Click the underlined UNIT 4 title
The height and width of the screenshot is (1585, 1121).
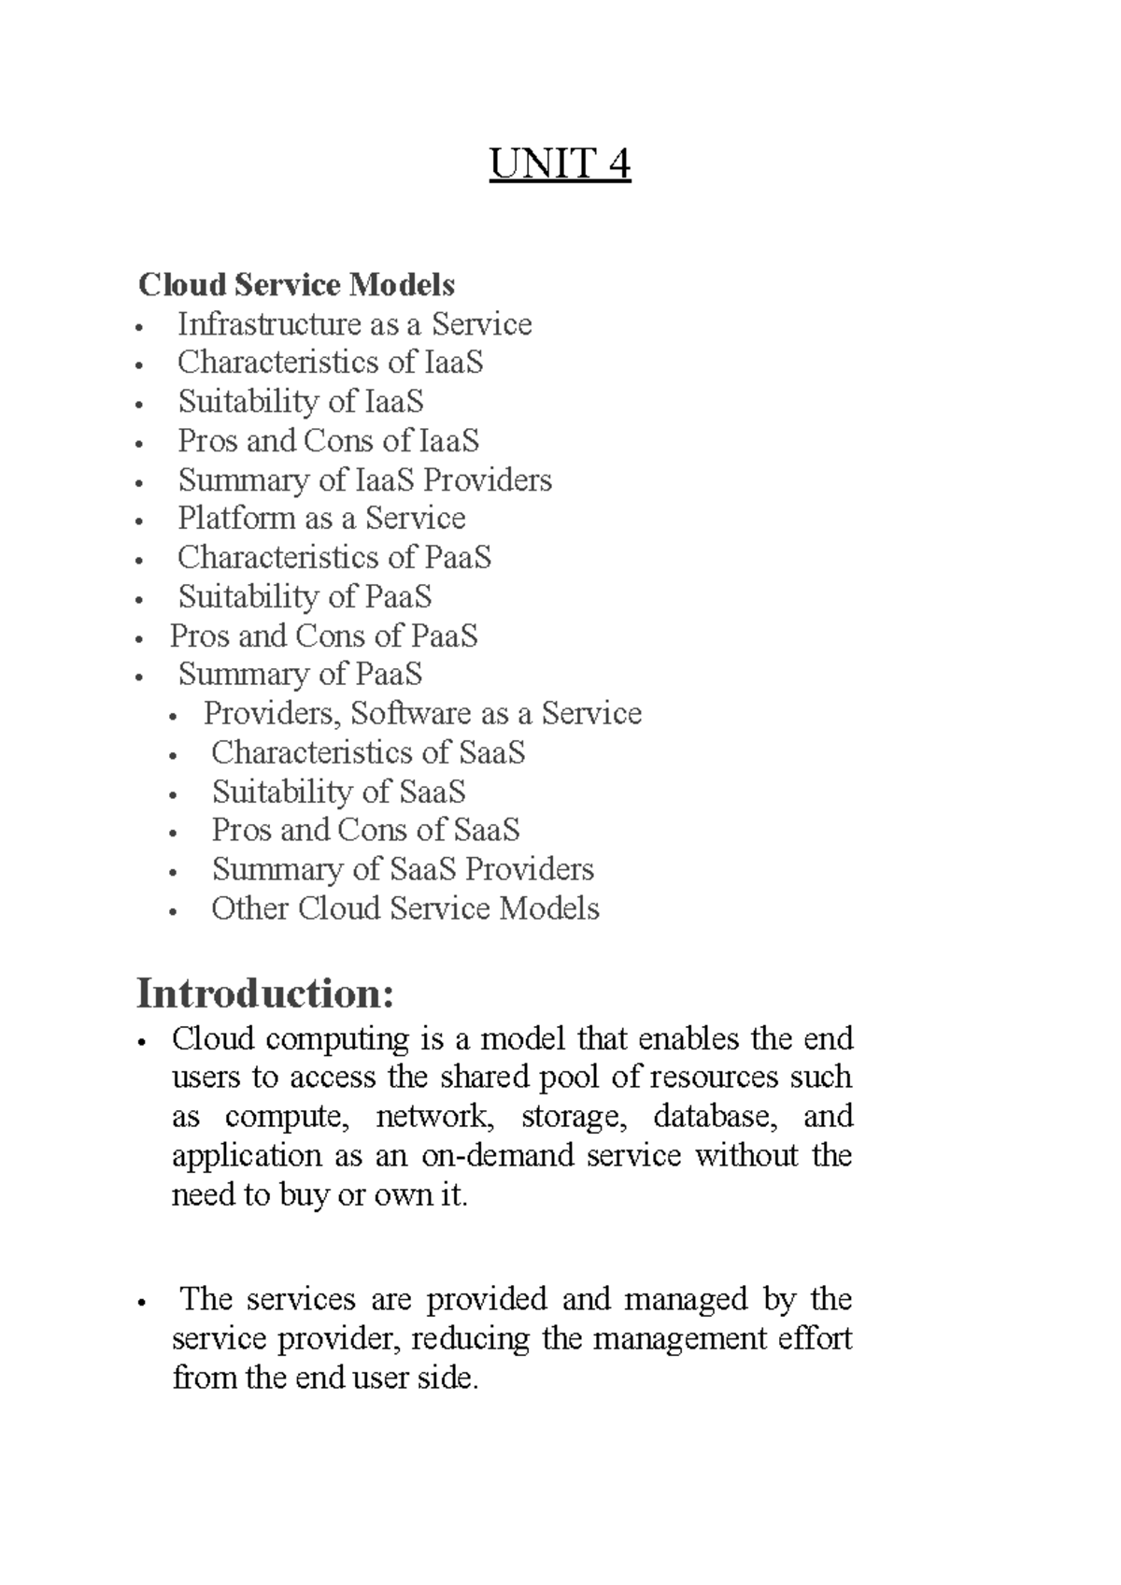pos(560,165)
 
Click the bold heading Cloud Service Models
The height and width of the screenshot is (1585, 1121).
pos(297,284)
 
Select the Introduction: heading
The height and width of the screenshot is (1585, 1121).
pos(265,992)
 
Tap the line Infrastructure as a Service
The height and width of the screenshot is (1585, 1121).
pos(354,324)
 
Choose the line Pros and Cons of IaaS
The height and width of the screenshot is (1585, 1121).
pos(328,440)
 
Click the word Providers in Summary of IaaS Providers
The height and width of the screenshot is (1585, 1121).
pos(488,480)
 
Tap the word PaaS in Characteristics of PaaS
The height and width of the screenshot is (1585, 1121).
pos(458,558)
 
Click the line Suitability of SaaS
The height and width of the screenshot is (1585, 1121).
pos(338,792)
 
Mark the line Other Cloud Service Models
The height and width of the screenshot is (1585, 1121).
pos(404,909)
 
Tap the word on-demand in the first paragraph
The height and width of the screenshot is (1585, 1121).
pos(498,1156)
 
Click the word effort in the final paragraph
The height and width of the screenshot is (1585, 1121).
pos(817,1339)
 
